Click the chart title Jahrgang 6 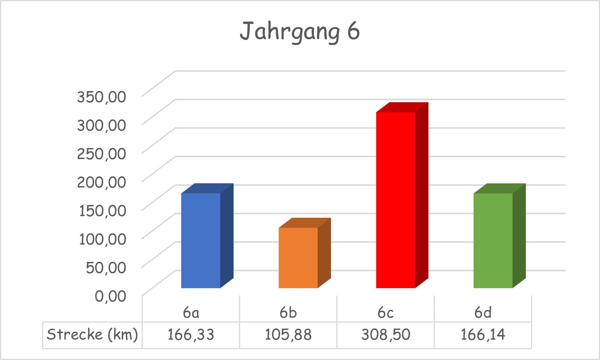pyautogui.click(x=300, y=32)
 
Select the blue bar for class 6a pyautogui.click(x=201, y=240)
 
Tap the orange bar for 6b pyautogui.click(x=298, y=258)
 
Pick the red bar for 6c pyautogui.click(x=396, y=200)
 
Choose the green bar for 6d pyautogui.click(x=493, y=240)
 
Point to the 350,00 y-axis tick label pyautogui.click(x=102, y=97)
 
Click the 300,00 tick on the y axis pyautogui.click(x=102, y=125)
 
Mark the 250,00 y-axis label pyautogui.click(x=102, y=154)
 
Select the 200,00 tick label pyautogui.click(x=102, y=182)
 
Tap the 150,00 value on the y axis pyautogui.click(x=102, y=210)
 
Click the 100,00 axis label pyautogui.click(x=102, y=239)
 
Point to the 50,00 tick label pyautogui.click(x=106, y=267)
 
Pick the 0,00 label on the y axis pyautogui.click(x=110, y=296)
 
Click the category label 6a pyautogui.click(x=191, y=312)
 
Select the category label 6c pyautogui.click(x=386, y=312)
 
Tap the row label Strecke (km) pyautogui.click(x=92, y=335)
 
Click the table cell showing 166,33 pyautogui.click(x=191, y=335)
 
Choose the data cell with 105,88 pyautogui.click(x=288, y=335)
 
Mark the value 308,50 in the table pyautogui.click(x=386, y=335)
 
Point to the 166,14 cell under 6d pyautogui.click(x=483, y=335)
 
